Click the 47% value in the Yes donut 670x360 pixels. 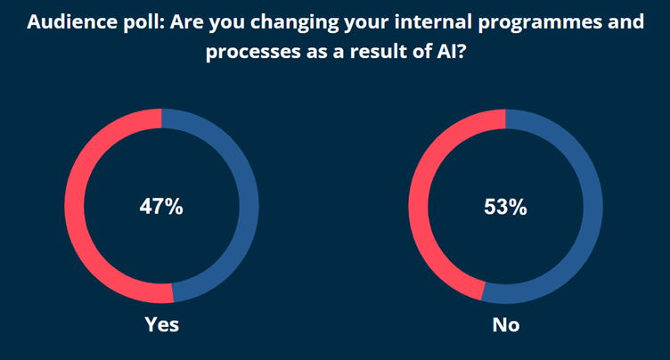point(161,207)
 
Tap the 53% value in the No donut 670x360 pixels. point(505,208)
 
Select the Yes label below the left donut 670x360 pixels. point(161,324)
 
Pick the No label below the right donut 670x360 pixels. point(506,325)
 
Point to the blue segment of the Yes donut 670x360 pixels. point(249,205)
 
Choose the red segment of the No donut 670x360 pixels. point(419,205)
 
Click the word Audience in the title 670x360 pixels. point(72,21)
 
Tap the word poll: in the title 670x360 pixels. point(143,22)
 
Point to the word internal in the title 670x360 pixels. point(433,21)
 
